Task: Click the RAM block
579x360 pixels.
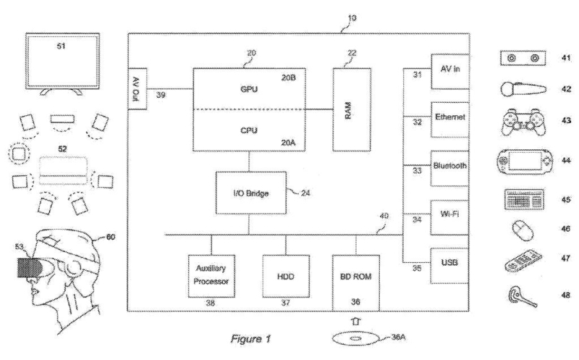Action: click(x=352, y=109)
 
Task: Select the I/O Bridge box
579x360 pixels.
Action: click(x=250, y=193)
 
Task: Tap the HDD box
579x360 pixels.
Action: click(x=285, y=276)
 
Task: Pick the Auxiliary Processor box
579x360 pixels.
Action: click(x=211, y=276)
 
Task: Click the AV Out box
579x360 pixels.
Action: click(x=138, y=88)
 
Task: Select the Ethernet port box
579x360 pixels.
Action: click(x=449, y=120)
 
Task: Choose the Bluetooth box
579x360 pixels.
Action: click(x=449, y=168)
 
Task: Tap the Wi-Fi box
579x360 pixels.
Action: click(x=449, y=217)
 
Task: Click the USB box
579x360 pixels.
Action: click(x=449, y=265)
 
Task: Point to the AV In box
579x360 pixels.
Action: click(x=450, y=71)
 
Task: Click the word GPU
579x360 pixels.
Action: click(x=249, y=89)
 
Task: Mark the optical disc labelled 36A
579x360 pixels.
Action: click(x=355, y=338)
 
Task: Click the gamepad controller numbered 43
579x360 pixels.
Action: click(x=524, y=122)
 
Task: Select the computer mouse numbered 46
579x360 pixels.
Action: click(x=523, y=230)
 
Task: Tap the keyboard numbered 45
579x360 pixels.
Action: click(x=524, y=199)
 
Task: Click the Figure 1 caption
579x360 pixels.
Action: click(x=250, y=338)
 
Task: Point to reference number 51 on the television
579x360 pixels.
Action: click(x=61, y=46)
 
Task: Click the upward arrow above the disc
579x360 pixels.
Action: click(x=355, y=322)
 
